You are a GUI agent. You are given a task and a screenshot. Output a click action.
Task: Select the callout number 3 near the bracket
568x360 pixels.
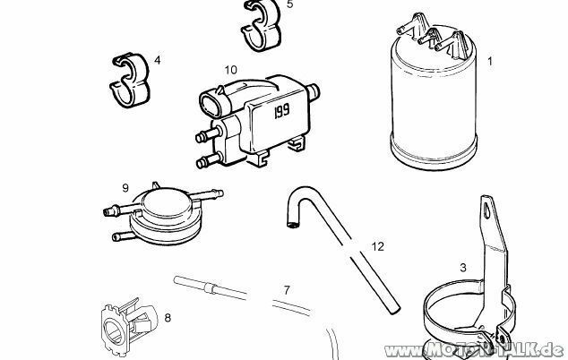462,267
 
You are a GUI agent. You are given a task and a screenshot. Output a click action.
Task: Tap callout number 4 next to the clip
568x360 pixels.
157,61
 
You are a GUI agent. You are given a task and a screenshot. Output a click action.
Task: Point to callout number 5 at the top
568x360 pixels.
289,5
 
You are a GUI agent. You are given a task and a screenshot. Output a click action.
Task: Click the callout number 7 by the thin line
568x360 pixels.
287,290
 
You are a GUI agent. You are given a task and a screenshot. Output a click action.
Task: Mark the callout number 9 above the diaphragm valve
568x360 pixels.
125,187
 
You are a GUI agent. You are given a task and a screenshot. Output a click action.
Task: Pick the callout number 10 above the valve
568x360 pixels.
231,69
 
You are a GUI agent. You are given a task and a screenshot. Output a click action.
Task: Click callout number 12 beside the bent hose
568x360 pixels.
377,245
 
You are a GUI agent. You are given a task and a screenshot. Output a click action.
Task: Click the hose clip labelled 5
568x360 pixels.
261,22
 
